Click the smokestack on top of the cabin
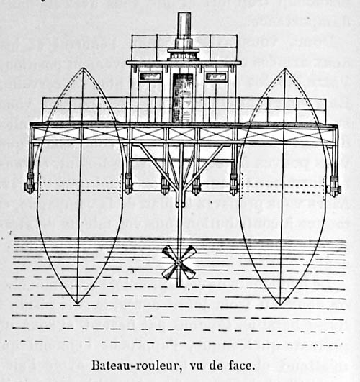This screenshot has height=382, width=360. point(184,29)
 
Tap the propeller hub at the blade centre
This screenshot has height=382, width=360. point(179,262)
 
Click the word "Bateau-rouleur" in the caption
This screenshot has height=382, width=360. point(136,365)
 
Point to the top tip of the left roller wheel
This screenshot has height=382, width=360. point(83,68)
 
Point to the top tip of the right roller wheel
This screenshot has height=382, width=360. point(285,68)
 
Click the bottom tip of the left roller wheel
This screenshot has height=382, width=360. point(77,304)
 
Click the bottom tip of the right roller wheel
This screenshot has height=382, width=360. point(280,305)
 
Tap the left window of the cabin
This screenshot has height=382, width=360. point(150,76)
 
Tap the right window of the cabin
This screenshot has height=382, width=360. point(215,76)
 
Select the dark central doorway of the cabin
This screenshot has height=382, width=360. point(182,98)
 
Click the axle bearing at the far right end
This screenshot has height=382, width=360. point(335,186)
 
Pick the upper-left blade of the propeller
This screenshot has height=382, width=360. point(170,254)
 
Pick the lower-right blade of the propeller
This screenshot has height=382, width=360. point(189,271)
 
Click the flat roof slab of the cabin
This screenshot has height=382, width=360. point(184,63)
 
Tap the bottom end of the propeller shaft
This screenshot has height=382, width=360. point(179,286)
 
